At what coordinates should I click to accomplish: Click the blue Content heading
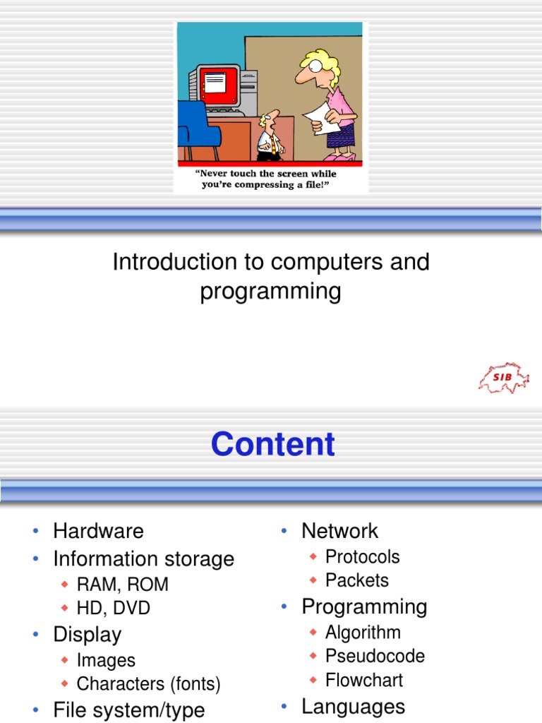[x=272, y=444]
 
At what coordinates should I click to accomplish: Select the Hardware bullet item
[x=98, y=531]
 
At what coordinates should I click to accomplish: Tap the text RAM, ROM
[x=123, y=585]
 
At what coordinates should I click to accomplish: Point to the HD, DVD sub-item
[x=113, y=608]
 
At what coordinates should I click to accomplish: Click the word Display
[x=87, y=634]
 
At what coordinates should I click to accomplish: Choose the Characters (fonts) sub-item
[x=148, y=683]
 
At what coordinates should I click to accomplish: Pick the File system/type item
[x=128, y=710]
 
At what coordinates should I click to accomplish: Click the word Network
[x=339, y=531]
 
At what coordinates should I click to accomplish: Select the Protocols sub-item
[x=362, y=556]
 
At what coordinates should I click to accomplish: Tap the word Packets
[x=356, y=580]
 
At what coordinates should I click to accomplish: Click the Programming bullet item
[x=364, y=607]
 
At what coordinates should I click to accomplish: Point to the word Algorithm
[x=363, y=632]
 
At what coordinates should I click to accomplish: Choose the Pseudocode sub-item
[x=375, y=656]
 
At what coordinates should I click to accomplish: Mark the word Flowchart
[x=363, y=681]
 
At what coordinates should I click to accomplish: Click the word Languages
[x=353, y=706]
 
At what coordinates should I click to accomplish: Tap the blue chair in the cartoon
[x=193, y=127]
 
